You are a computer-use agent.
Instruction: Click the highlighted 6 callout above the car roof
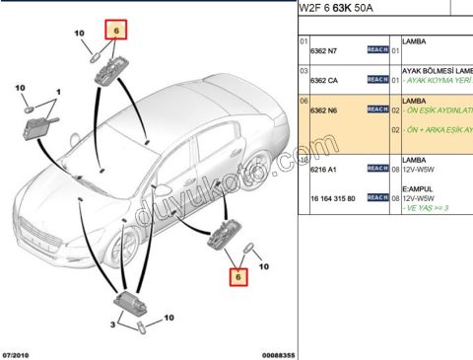[x=115, y=31]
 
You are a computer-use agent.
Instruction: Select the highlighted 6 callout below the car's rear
[x=236, y=279]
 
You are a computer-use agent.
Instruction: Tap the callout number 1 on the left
[x=57, y=92]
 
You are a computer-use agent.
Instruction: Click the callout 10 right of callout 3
[x=168, y=319]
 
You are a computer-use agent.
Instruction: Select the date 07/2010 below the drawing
[x=19, y=353]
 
